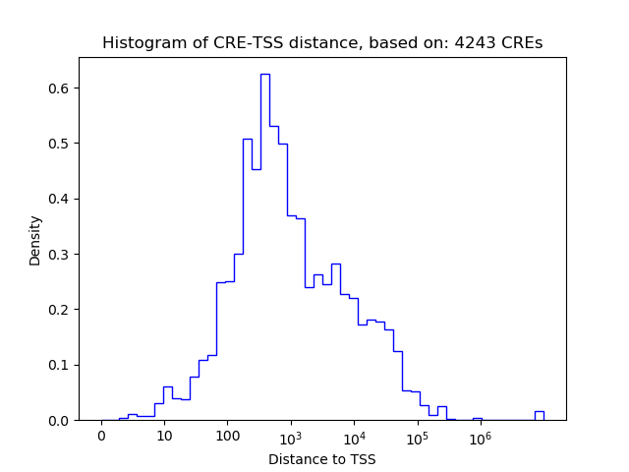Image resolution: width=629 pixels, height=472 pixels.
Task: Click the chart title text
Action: point(322,43)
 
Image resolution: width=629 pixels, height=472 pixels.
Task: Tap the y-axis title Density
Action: point(35,240)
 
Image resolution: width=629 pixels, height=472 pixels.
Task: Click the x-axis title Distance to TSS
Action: point(322,459)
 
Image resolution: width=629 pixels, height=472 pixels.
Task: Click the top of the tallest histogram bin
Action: point(264,75)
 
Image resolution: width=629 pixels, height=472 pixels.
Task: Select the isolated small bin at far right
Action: point(539,412)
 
